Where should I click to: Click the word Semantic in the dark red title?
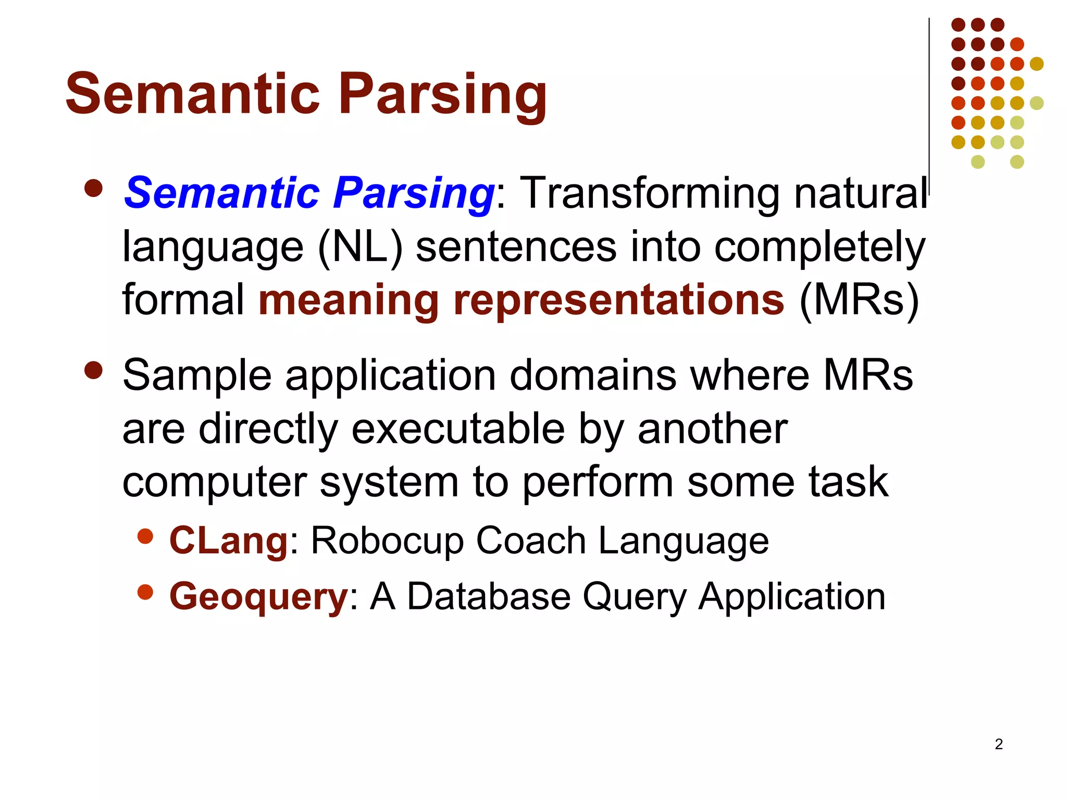pos(192,94)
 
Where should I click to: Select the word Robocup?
pos(387,541)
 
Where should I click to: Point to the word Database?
pos(489,596)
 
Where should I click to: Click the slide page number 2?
pos(999,744)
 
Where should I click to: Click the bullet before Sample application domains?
pos(93,371)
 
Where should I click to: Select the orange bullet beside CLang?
pos(145,536)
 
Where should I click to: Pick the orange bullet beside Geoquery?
pos(145,592)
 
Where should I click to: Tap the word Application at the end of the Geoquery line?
pos(792,596)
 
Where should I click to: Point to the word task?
pos(848,482)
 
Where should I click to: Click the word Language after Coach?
pos(683,541)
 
